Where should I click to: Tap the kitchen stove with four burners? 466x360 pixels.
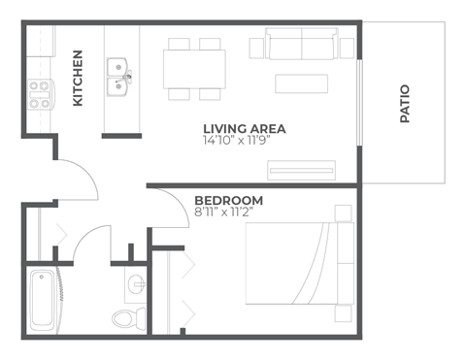pyautogui.click(x=40, y=93)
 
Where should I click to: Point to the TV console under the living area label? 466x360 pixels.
pyautogui.click(x=308, y=171)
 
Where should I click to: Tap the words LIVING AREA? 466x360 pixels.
pyautogui.click(x=244, y=128)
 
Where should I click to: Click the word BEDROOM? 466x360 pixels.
pyautogui.click(x=228, y=201)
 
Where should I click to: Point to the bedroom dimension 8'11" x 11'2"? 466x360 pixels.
pyautogui.click(x=228, y=213)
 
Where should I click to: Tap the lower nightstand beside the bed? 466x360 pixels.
pyautogui.click(x=343, y=313)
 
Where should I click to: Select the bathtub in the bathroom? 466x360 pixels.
pyautogui.click(x=44, y=299)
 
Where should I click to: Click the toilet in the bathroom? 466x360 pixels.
pyautogui.click(x=127, y=316)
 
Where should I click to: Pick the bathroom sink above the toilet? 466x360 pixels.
pyautogui.click(x=135, y=283)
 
